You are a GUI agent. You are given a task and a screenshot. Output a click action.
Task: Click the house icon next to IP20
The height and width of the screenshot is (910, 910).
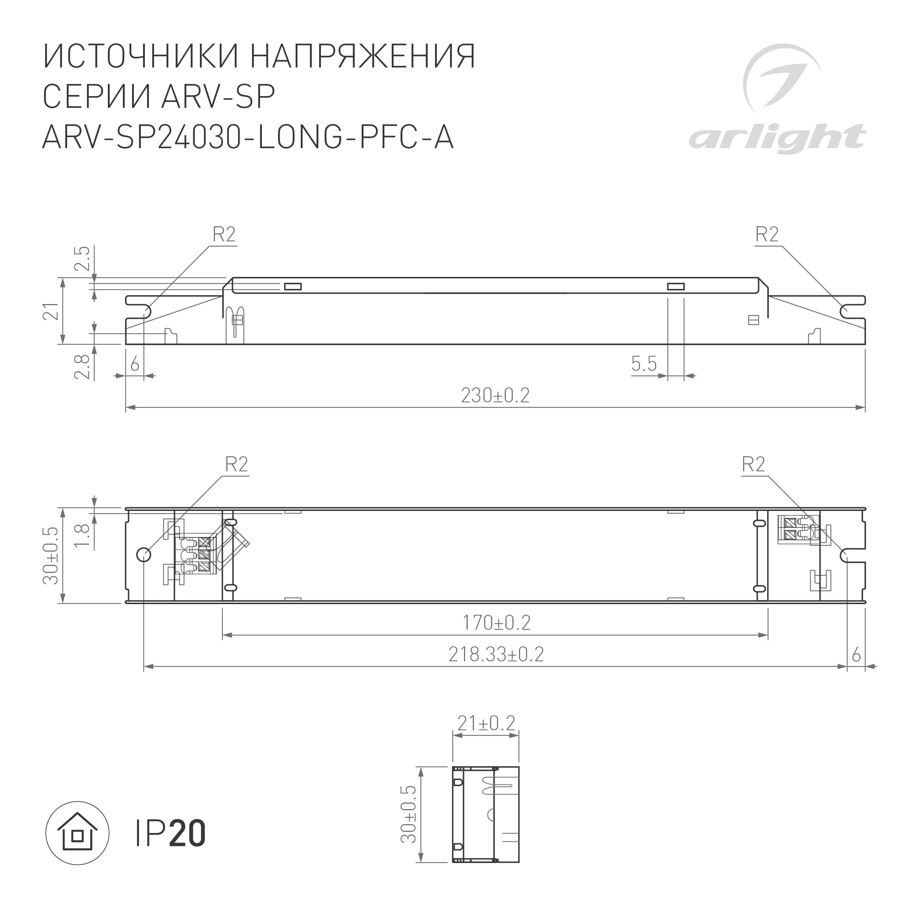77,833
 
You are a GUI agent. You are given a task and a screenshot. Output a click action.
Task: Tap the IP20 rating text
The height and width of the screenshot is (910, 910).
171,834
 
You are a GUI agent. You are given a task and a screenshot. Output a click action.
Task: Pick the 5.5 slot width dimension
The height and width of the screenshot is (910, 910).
643,363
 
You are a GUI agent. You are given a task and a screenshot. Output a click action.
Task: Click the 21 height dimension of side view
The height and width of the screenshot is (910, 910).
51,311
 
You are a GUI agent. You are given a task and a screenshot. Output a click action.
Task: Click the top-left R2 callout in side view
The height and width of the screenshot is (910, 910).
224,234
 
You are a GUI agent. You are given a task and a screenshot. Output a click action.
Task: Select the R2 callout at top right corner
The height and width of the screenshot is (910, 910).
767,234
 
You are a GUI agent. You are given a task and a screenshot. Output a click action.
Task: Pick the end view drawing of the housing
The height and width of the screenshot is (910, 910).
485,821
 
